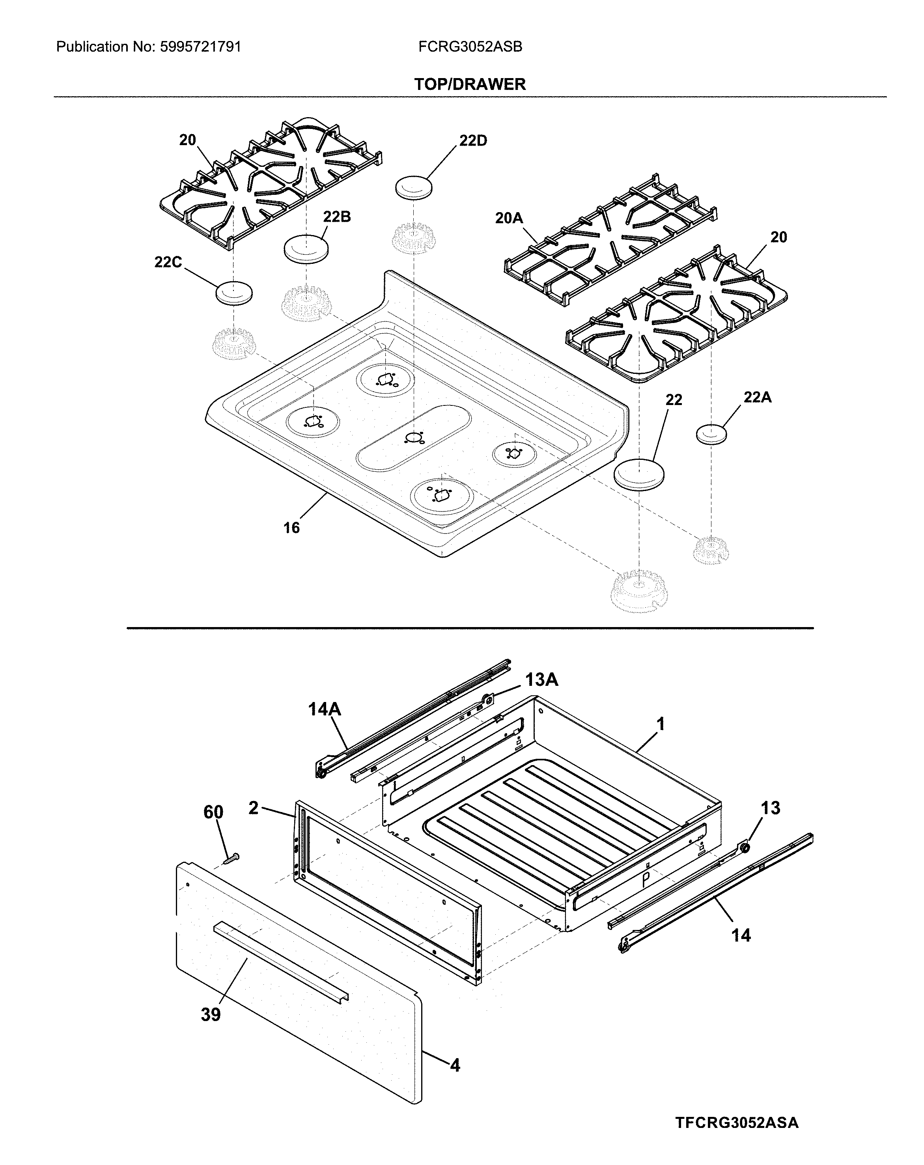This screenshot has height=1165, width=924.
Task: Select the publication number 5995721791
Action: coord(200,47)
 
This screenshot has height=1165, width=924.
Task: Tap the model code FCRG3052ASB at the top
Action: coord(470,47)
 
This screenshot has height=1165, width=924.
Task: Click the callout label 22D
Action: coord(473,140)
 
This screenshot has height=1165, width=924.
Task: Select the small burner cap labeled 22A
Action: coord(711,434)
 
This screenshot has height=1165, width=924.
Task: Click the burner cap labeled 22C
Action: coord(234,293)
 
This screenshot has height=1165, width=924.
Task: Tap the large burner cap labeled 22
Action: coord(639,474)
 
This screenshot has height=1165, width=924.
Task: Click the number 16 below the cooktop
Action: coord(291,527)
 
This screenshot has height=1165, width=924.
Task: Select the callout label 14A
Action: coord(325,709)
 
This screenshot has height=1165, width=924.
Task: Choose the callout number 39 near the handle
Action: coord(211,1015)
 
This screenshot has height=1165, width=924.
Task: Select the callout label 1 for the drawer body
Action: coord(660,724)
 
